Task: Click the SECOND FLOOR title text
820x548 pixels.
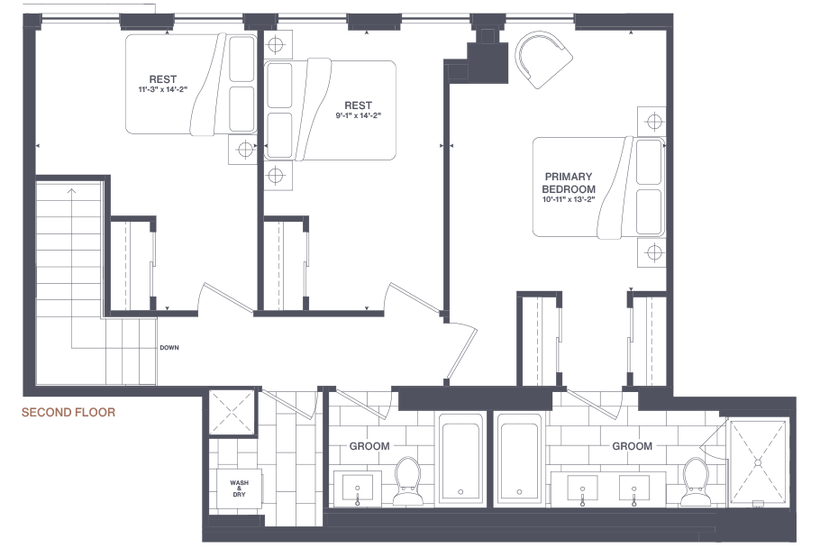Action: click(68, 413)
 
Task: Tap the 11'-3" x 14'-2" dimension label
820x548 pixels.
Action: click(162, 89)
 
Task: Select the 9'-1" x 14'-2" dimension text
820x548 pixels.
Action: click(359, 115)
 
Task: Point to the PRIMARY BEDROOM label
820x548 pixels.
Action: click(569, 183)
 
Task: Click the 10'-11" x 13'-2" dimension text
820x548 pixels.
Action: click(569, 199)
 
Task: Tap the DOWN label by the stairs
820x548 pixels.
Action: click(169, 348)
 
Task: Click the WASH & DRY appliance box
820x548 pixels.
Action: click(239, 489)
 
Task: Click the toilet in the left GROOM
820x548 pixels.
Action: click(407, 481)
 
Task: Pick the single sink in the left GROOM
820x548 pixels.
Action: click(358, 488)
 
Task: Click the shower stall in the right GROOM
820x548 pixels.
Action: click(758, 463)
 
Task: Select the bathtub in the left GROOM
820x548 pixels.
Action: click(460, 459)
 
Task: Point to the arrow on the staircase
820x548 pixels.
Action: click(72, 269)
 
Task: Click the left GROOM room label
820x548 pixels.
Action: click(369, 446)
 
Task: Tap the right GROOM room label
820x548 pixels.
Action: click(633, 446)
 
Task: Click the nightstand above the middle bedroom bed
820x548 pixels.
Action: click(276, 44)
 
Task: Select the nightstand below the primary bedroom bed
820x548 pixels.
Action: click(651, 253)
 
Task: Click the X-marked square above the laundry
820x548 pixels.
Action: click(232, 412)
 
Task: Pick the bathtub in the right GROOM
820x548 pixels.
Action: click(519, 459)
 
